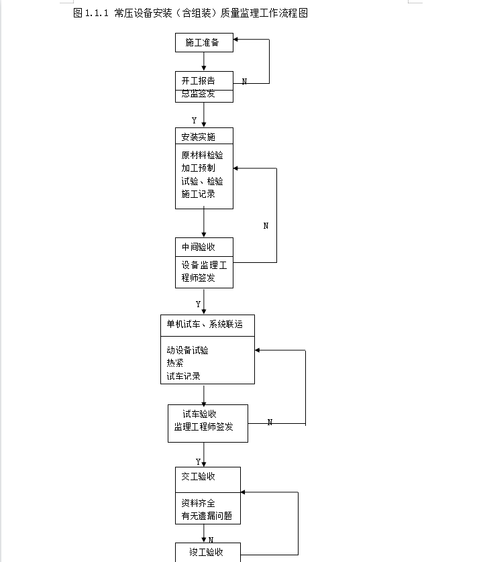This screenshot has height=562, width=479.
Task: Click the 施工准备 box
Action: tap(204, 43)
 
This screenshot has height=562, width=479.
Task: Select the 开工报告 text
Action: tap(199, 80)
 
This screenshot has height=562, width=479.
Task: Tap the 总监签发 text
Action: tap(199, 94)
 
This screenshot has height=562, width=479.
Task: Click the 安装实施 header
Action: tap(199, 137)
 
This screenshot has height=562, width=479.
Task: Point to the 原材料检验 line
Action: tap(202, 155)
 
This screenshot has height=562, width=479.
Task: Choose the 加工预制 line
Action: tap(199, 168)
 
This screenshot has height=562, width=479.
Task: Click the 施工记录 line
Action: tap(199, 194)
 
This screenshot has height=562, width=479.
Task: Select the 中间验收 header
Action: tap(199, 247)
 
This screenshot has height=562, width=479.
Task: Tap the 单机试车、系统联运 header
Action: tap(205, 325)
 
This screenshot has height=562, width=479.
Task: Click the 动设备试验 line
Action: tap(188, 350)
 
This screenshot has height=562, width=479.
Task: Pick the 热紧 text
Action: tap(175, 363)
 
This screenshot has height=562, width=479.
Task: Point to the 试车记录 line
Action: tap(184, 376)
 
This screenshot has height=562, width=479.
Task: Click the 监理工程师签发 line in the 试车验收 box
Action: tap(204, 427)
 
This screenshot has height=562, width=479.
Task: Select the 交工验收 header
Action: tap(199, 476)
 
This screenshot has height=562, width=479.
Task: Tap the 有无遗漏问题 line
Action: tap(207, 516)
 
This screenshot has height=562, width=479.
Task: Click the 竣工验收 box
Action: tap(208, 553)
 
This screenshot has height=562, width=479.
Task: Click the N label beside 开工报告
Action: tap(244, 82)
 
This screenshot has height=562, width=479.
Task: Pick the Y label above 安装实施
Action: tap(195, 121)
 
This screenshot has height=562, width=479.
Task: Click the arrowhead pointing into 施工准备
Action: tap(235, 40)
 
